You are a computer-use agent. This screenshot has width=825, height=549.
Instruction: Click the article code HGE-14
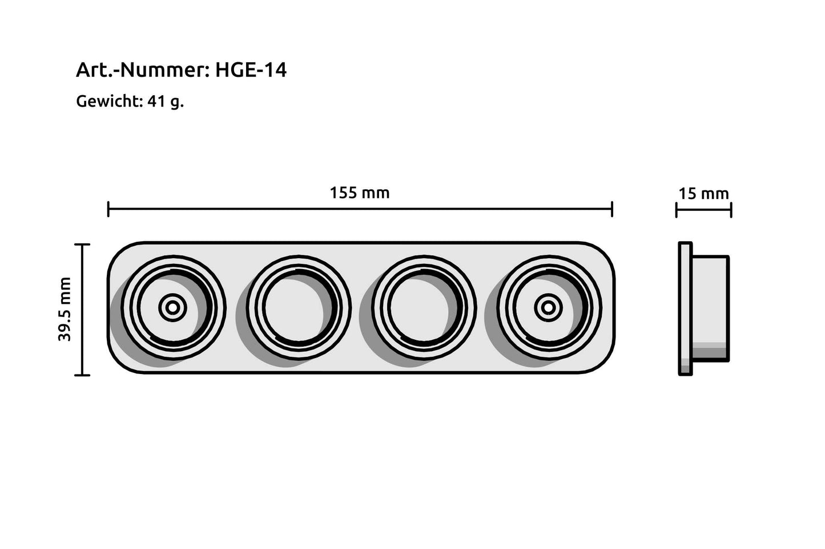coord(251,70)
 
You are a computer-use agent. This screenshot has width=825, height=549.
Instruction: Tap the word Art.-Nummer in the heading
coord(143,70)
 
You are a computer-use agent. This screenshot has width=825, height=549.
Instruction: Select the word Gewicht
coord(108,101)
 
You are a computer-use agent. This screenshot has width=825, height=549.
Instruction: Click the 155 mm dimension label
coord(360,193)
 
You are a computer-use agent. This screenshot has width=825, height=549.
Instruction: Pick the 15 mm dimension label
coord(703,194)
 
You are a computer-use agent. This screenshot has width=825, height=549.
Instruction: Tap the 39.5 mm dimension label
coord(65,310)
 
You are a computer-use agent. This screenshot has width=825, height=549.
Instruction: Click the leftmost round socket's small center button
coord(172,308)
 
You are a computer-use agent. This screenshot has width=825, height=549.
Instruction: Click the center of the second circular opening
coord(299,308)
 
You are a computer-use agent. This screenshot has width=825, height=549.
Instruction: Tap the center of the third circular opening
coord(424,308)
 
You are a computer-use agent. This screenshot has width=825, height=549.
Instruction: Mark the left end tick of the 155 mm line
coord(108,209)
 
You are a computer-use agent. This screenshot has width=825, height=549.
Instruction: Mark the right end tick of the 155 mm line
coord(612,209)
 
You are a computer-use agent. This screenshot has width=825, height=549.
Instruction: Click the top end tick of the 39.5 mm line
coord(83,245)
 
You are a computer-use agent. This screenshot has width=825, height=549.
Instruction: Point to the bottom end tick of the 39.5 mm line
coord(83,375)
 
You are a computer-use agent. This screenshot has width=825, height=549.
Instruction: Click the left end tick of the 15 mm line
coord(677,210)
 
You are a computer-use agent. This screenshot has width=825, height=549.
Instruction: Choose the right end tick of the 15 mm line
coord(731,210)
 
